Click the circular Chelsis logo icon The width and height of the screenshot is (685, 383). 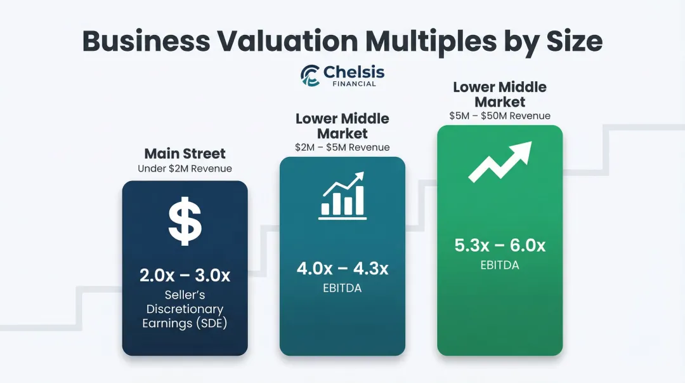310,75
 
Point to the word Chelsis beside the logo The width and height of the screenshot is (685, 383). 354,72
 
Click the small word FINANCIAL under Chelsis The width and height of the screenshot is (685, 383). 354,84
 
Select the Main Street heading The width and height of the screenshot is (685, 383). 185,153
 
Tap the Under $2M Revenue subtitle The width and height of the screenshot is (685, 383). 185,168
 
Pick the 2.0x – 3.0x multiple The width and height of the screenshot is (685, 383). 185,276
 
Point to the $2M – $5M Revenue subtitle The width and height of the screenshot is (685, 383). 342,147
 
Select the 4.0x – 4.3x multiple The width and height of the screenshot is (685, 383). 342,268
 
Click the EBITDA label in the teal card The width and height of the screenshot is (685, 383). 342,289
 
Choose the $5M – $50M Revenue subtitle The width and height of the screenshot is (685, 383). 500,116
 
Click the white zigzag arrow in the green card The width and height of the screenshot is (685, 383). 500,163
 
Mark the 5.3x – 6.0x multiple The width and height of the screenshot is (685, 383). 500,245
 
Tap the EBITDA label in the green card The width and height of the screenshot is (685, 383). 500,265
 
